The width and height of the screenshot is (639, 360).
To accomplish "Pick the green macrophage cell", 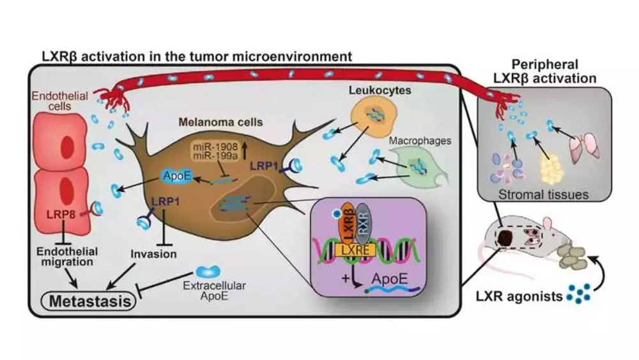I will click(418, 167).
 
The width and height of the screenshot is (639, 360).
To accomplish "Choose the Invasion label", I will click(153, 253).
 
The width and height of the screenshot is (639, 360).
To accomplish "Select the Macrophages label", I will click(429, 139).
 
